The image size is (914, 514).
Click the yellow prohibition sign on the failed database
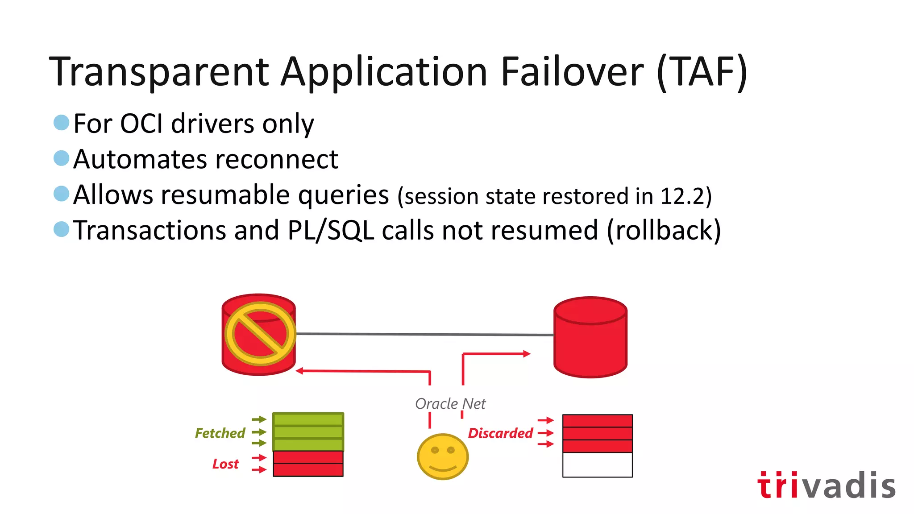click(260, 333)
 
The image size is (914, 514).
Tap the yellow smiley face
click(442, 456)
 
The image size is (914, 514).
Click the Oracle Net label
click(450, 404)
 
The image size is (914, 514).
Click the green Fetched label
click(220, 433)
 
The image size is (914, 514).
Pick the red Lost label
click(225, 464)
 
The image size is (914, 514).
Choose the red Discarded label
click(500, 433)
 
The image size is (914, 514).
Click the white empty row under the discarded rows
click(597, 465)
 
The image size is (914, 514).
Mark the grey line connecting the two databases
click(424, 334)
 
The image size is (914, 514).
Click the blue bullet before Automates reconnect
click(61, 158)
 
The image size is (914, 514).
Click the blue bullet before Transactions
click(61, 229)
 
